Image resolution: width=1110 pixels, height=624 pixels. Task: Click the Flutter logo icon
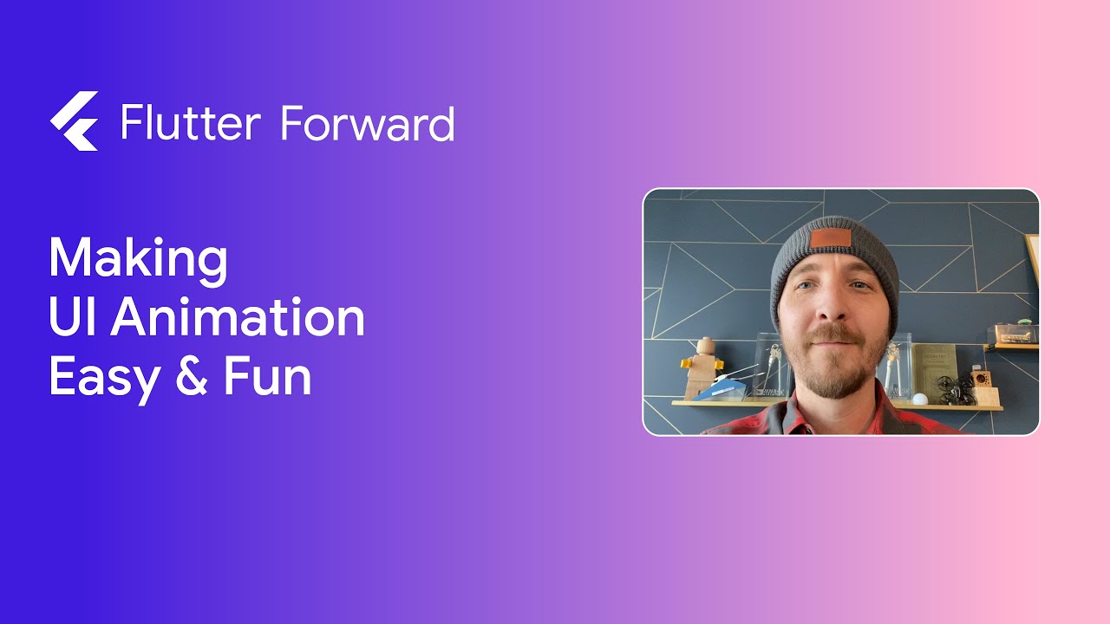pyautogui.click(x=74, y=121)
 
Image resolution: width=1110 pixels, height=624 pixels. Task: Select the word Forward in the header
pyautogui.click(x=368, y=123)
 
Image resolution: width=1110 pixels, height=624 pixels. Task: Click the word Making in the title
pyautogui.click(x=138, y=257)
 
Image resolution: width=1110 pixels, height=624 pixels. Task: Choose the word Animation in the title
pyautogui.click(x=238, y=317)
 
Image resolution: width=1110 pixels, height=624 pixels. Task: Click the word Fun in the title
pyautogui.click(x=267, y=378)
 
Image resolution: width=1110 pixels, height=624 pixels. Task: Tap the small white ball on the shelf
pyautogui.click(x=920, y=400)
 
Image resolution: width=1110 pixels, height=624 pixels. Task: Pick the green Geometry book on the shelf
pyautogui.click(x=937, y=368)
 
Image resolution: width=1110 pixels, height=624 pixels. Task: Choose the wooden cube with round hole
pyautogui.click(x=983, y=381)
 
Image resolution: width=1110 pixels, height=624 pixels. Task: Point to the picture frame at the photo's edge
pyautogui.click(x=1033, y=259)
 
